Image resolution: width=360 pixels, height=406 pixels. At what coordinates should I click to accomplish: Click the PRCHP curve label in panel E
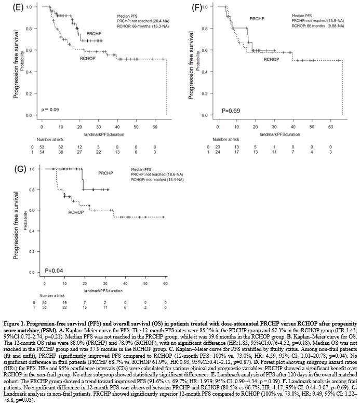[94, 32]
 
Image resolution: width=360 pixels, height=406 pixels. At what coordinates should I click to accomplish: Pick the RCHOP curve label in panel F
[272, 60]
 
